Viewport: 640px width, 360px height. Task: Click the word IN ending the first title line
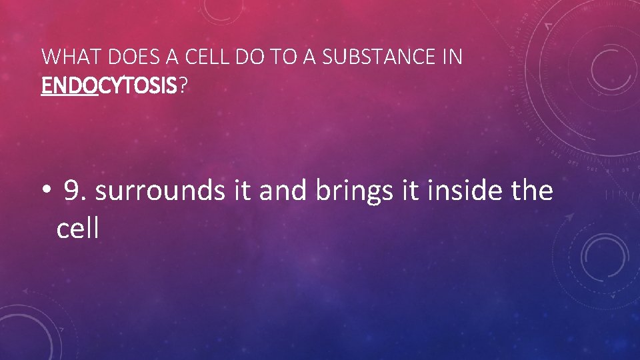[x=452, y=57]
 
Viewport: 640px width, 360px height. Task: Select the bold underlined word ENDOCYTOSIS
[x=109, y=85]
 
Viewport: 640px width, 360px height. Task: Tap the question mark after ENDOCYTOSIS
[x=183, y=85]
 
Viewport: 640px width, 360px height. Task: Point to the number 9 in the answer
[x=75, y=191]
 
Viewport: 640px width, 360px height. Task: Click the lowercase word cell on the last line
[x=78, y=229]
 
